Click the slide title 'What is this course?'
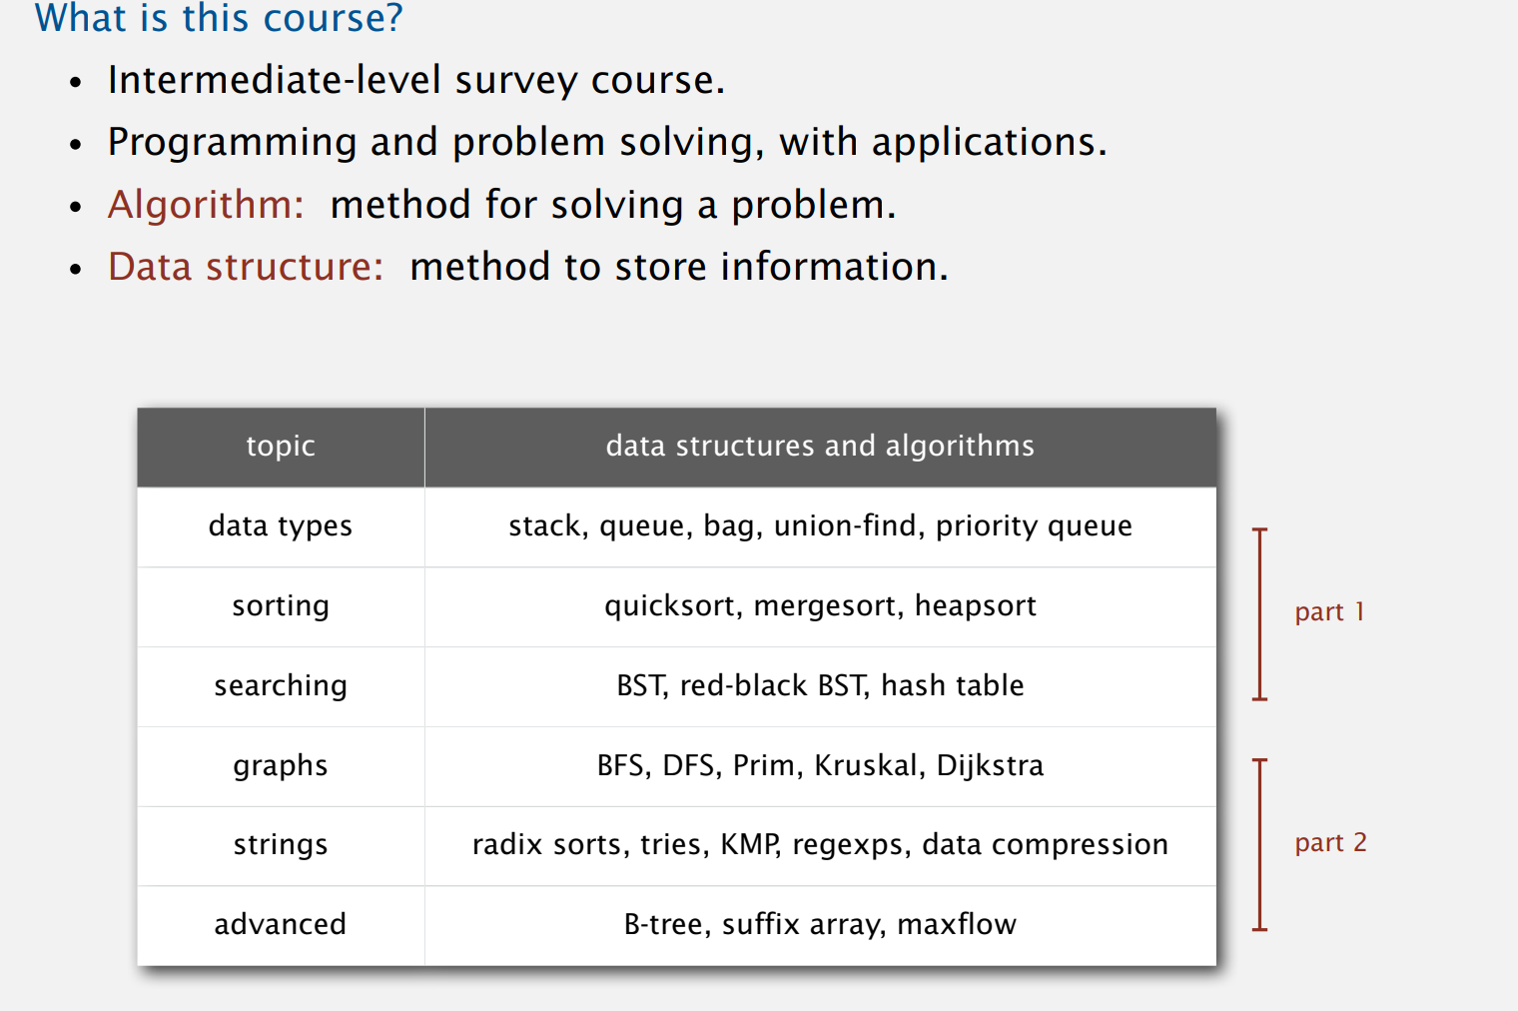219,17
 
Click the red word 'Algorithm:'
206,205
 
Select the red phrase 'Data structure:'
246,266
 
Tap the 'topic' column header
281,447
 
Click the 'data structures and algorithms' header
820,447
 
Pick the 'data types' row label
281,526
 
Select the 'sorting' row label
281,606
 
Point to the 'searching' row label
281,685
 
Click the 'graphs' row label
281,766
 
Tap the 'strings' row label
281,845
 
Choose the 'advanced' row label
281,924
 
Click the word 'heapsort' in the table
976,606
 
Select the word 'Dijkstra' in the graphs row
990,765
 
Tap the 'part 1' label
1329,612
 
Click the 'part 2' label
1331,843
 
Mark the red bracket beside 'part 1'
1259,613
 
